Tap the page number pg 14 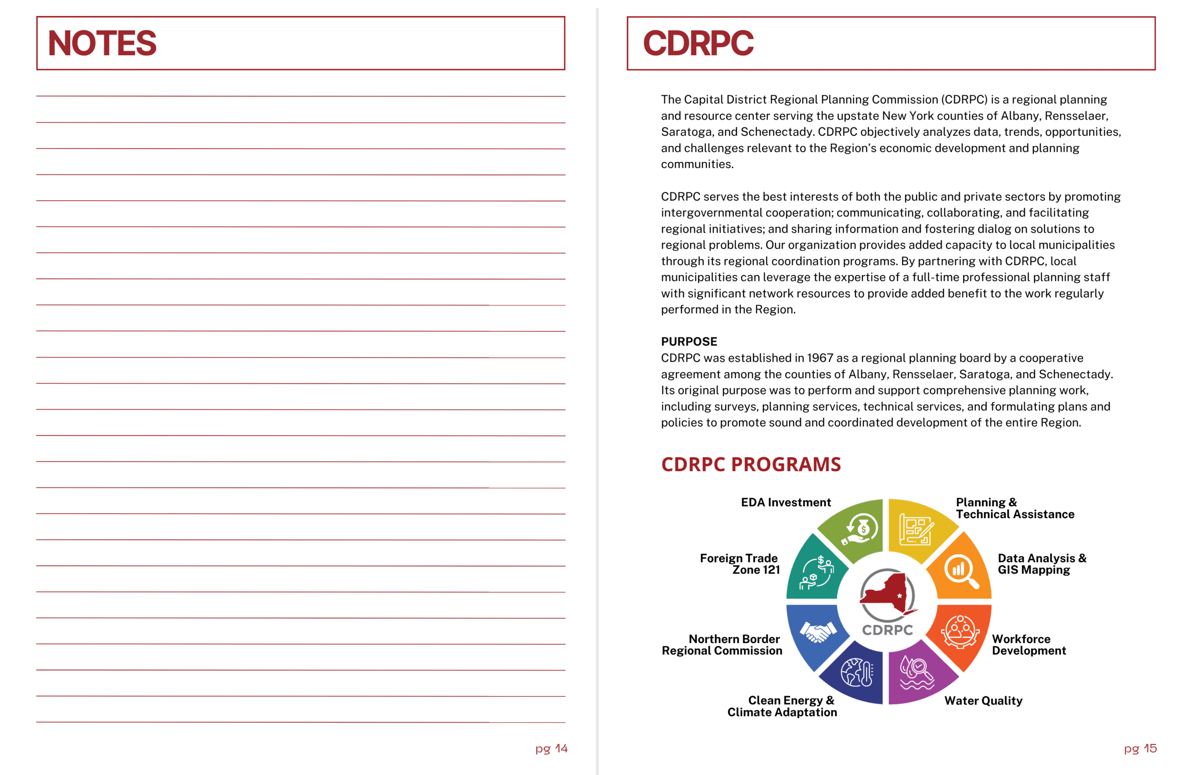(551, 748)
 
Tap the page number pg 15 (1140, 748)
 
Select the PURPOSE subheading (689, 342)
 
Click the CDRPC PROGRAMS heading (751, 464)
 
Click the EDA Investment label (785, 502)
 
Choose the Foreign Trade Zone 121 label (740, 564)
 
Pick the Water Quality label (983, 701)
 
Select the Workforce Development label (1029, 644)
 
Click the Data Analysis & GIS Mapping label (1042, 564)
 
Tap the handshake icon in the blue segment (818, 632)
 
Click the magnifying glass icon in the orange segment (961, 571)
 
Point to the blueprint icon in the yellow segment (916, 529)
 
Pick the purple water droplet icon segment (917, 673)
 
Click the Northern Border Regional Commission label (722, 644)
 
